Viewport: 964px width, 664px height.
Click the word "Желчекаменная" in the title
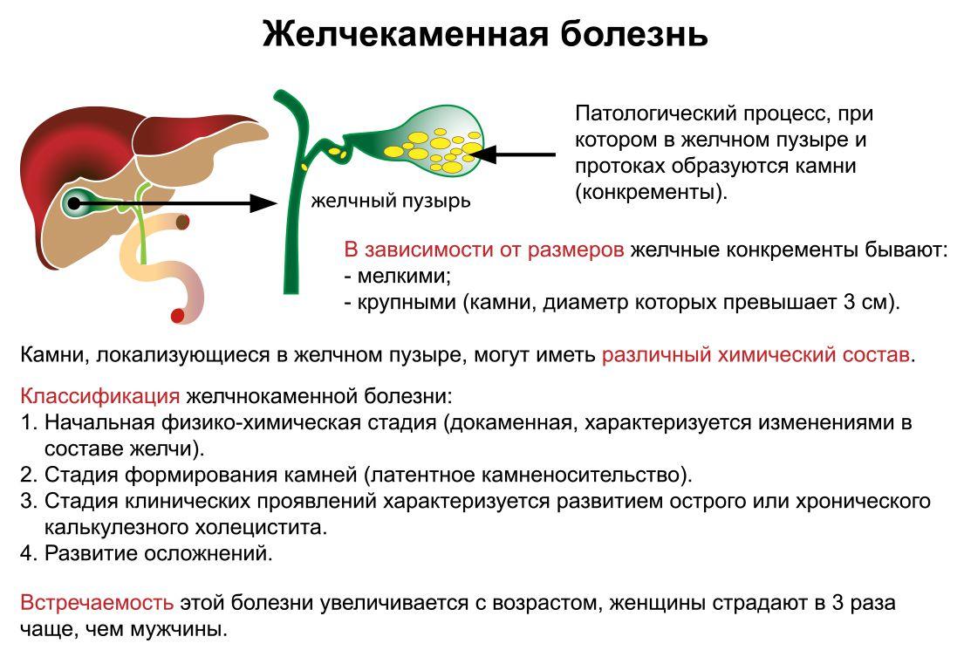pyautogui.click(x=405, y=34)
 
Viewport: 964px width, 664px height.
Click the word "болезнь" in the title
pyautogui.click(x=634, y=34)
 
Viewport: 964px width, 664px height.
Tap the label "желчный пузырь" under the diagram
pyautogui.click(x=391, y=201)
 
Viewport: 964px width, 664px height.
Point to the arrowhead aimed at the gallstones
pyautogui.click(x=483, y=154)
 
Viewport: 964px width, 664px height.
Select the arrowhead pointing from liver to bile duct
pyautogui.click(x=263, y=203)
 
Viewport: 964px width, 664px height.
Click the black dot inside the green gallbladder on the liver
pyautogui.click(x=74, y=203)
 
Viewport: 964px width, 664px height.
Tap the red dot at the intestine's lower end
pyautogui.click(x=177, y=316)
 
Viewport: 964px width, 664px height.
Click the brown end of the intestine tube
pyautogui.click(x=182, y=222)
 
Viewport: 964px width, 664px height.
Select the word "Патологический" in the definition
pyautogui.click(x=656, y=114)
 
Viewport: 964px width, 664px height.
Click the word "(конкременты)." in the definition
pyautogui.click(x=651, y=193)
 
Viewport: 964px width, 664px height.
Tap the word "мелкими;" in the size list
pyautogui.click(x=405, y=276)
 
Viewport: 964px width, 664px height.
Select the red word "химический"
pyautogui.click(x=775, y=355)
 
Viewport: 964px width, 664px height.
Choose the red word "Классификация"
pyautogui.click(x=100, y=396)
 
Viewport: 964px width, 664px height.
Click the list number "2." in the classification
pyautogui.click(x=29, y=476)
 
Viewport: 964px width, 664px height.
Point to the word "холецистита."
pyautogui.click(x=262, y=528)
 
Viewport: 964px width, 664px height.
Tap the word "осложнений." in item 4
pyautogui.click(x=209, y=553)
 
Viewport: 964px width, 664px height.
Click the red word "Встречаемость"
pyautogui.click(x=97, y=603)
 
